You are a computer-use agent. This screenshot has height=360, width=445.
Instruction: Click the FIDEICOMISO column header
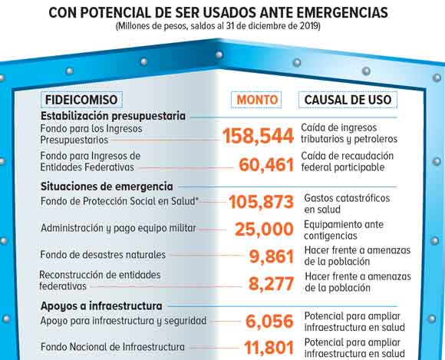click(x=81, y=100)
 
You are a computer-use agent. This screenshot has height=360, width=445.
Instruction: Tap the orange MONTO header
click(x=256, y=100)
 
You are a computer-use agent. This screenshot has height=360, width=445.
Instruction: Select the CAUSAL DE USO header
click(x=348, y=100)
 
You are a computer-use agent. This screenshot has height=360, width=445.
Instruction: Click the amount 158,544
click(x=258, y=136)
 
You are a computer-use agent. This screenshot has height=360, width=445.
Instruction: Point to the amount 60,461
click(x=266, y=165)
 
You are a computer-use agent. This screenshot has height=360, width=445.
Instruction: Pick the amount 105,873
click(x=261, y=202)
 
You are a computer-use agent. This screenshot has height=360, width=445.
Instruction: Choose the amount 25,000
click(x=264, y=229)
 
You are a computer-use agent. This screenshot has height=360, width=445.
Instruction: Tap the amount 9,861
click(x=272, y=256)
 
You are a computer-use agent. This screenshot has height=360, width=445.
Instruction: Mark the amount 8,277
click(x=271, y=284)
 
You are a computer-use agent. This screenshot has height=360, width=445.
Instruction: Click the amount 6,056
click(x=269, y=321)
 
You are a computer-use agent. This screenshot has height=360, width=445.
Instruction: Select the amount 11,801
click(x=269, y=348)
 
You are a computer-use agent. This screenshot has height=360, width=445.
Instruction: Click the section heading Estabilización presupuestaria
click(x=113, y=116)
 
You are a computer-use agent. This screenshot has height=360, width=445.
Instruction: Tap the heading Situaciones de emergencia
click(x=107, y=187)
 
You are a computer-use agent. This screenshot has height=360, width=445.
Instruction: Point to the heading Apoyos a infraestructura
click(x=101, y=306)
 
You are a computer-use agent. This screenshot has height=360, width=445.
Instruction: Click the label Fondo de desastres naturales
click(x=103, y=254)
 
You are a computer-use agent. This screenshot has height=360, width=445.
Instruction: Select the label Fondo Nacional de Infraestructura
click(x=113, y=347)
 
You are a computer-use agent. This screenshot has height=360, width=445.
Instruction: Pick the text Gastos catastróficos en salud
click(x=347, y=203)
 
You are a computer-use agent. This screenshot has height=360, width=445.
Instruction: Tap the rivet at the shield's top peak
click(x=219, y=54)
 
